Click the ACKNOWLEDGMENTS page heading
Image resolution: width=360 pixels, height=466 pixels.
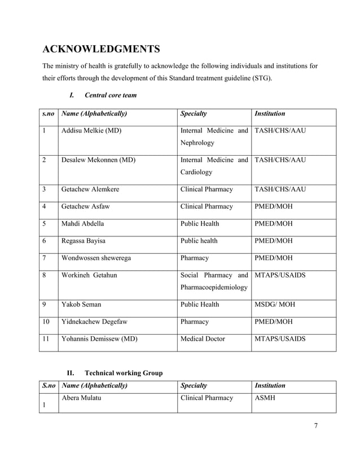(101, 48)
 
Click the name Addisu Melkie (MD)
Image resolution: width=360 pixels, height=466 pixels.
(91, 131)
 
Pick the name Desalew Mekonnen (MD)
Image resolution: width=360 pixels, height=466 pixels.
(98, 160)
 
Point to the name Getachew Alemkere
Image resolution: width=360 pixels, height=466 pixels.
(90, 190)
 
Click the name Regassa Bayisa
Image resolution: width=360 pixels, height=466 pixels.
(84, 241)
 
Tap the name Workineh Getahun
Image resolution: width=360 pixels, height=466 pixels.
(89, 275)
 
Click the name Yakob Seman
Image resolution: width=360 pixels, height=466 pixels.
(81, 305)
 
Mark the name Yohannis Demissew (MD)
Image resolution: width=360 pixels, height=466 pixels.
(99, 339)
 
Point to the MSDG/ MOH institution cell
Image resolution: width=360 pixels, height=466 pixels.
(275, 305)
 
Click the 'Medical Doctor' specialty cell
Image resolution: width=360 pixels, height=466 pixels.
(203, 339)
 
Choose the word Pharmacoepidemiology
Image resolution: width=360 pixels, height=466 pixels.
(214, 287)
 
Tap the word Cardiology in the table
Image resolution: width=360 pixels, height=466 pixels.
(196, 172)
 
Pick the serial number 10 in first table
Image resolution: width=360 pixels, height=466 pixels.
(46, 322)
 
